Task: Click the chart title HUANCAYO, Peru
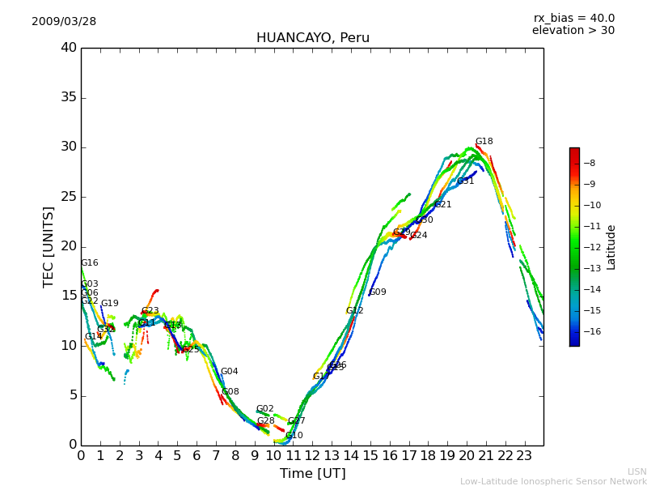click(x=312, y=38)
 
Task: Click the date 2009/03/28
click(x=64, y=21)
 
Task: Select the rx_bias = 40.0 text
click(x=573, y=18)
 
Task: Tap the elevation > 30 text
click(x=573, y=31)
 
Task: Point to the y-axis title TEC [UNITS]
click(x=49, y=246)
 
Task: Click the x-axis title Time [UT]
click(x=312, y=473)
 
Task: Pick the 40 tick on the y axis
click(x=68, y=48)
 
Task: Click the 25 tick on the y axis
click(x=68, y=197)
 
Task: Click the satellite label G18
click(x=484, y=142)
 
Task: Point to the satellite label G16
click(x=89, y=263)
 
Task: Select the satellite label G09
click(x=378, y=292)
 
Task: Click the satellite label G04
click(x=230, y=372)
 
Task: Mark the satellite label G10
click(x=294, y=436)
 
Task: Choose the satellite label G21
click(x=443, y=205)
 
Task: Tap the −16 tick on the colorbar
click(x=594, y=331)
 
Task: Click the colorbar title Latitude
click(x=611, y=247)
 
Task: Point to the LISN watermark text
click(x=636, y=471)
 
